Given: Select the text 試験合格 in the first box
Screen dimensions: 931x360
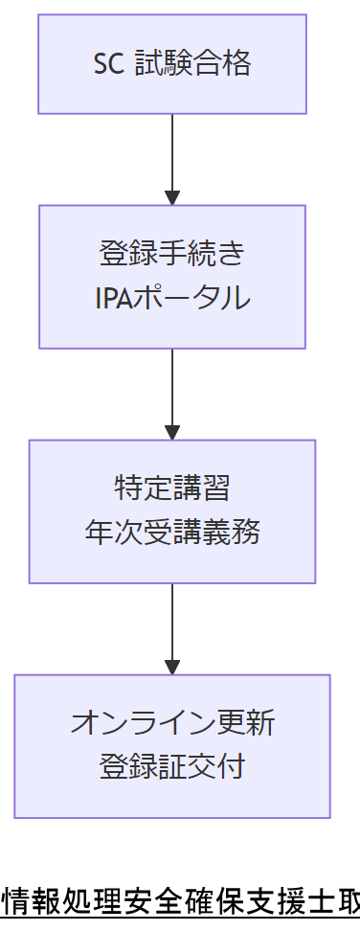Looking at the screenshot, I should point(192,64).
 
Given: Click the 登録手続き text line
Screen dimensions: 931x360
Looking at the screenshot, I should point(172,255).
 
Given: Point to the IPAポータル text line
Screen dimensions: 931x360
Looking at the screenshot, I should point(172,298).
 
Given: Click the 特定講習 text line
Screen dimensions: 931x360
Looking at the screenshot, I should point(172,488).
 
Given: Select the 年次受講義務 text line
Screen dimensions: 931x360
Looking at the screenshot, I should point(172,533).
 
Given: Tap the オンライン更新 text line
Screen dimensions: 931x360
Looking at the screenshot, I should point(172,723).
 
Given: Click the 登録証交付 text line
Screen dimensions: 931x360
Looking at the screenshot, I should point(172,767).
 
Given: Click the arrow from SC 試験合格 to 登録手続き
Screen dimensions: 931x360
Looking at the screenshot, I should point(172,153).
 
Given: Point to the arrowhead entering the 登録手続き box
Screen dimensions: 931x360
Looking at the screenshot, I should point(172,198).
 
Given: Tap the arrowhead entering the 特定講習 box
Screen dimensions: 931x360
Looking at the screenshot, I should point(172,433).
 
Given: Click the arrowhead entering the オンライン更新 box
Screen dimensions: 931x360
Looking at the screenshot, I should point(172,668).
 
